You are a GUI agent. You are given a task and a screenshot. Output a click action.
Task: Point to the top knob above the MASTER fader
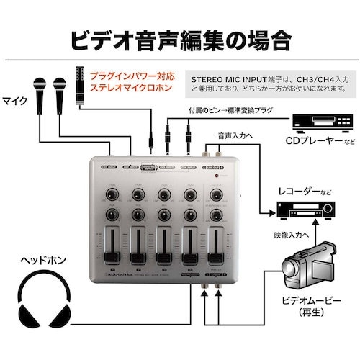pyautogui.click(x=217, y=193)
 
